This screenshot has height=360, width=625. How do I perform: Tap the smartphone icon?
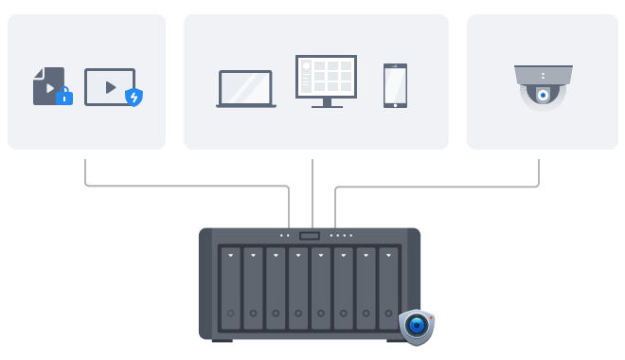(x=395, y=85)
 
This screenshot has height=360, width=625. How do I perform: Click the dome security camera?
(x=543, y=86)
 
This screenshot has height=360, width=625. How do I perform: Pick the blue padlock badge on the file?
(x=64, y=96)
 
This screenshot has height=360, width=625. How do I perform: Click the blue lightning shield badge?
(x=134, y=97)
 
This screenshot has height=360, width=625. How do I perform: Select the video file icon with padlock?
(x=49, y=85)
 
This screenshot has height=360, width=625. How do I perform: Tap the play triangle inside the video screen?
(x=110, y=86)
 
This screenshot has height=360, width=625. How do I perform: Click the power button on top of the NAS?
(x=310, y=235)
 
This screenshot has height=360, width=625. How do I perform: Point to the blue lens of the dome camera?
(x=543, y=96)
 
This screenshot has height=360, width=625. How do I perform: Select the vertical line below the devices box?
(x=312, y=189)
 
